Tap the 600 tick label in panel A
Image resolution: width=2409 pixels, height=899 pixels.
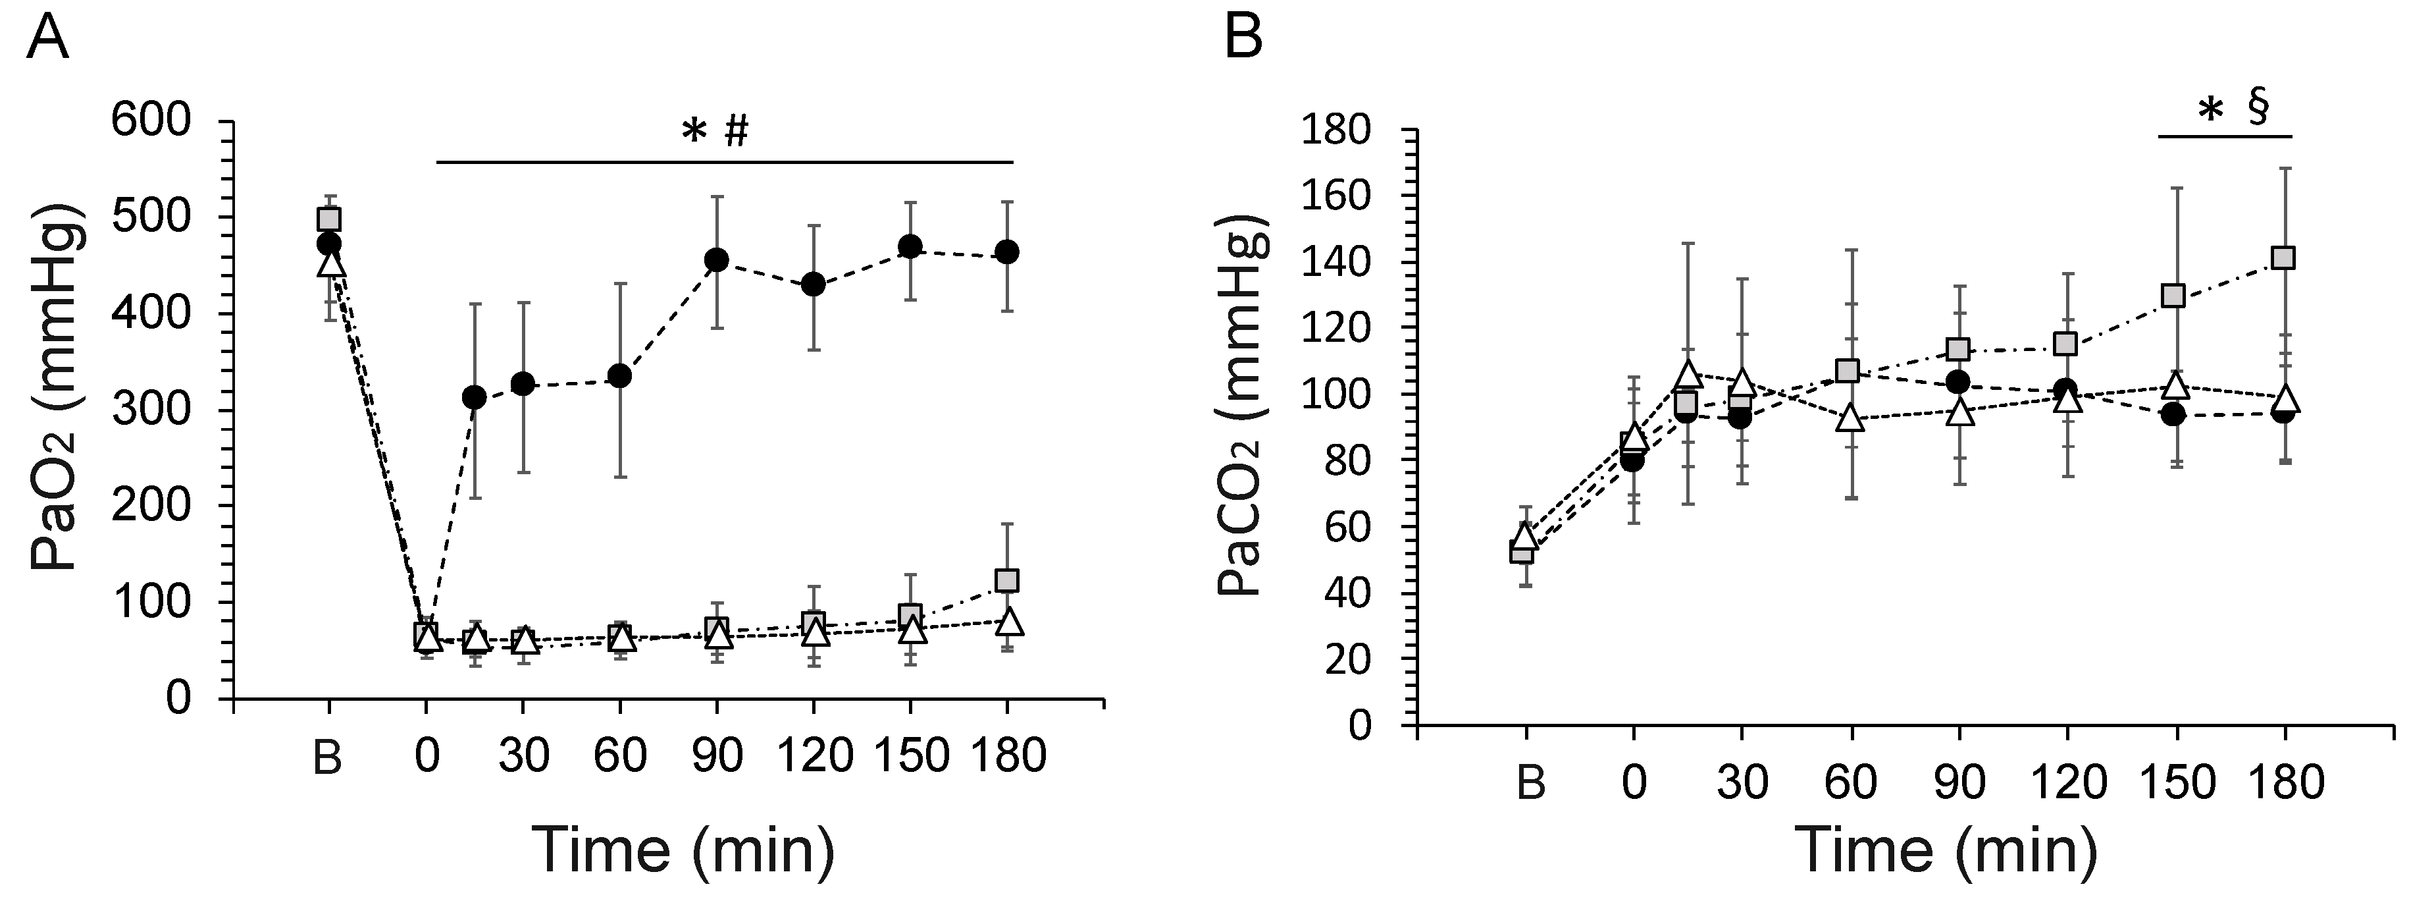pos(164,123)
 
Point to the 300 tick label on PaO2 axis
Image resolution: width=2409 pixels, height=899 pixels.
pos(164,411)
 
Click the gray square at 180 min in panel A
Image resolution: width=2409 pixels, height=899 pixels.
pos(1006,581)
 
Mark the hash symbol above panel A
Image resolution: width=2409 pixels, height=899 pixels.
pos(736,133)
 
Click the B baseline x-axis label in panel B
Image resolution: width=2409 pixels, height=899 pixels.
pos(1529,781)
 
